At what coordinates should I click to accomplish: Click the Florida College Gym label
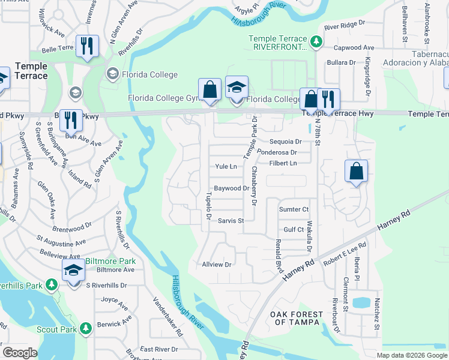(x=163, y=98)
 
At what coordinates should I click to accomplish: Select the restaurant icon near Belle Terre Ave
(x=88, y=46)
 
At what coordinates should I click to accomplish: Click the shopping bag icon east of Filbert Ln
(x=357, y=171)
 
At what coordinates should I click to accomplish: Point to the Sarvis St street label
(x=231, y=221)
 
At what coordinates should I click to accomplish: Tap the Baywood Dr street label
(x=231, y=188)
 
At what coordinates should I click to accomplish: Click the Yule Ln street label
(x=226, y=167)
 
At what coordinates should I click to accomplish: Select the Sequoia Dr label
(x=286, y=142)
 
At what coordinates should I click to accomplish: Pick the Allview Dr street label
(x=217, y=264)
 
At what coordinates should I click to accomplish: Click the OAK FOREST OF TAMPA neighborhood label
(x=297, y=318)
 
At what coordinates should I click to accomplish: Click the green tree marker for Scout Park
(x=86, y=328)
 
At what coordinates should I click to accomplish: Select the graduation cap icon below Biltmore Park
(x=73, y=272)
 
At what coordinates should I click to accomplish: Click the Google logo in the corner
(x=20, y=353)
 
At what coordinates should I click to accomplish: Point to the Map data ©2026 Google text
(x=412, y=355)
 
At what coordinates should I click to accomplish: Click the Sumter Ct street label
(x=294, y=209)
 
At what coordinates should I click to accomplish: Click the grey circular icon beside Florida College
(x=112, y=74)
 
